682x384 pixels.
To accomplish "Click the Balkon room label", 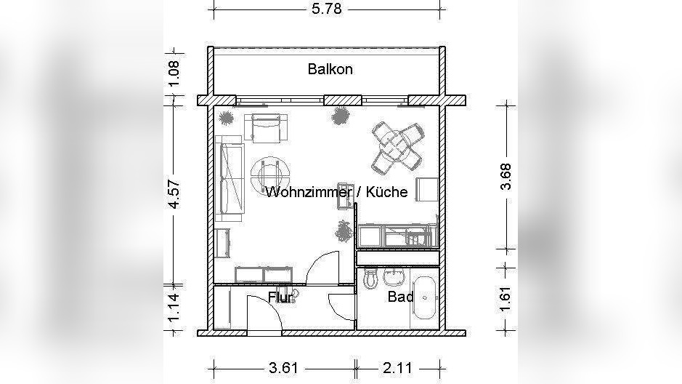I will point(330,70).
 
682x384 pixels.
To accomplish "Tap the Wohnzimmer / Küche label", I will point(336,192).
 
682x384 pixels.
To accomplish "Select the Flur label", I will point(280,297).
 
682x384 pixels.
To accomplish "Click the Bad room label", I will point(400,297).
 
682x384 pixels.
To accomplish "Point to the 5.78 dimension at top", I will point(325,9).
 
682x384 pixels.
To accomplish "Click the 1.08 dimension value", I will point(174,74).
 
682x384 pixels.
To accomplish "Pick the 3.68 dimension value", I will point(507,176).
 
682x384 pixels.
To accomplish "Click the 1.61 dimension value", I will point(507,299).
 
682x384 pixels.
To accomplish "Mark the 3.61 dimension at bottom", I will point(283,368).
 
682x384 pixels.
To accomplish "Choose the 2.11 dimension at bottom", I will point(398,368).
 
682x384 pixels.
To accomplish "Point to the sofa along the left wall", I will point(231,177).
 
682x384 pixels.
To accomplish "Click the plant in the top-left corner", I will point(227,117).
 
